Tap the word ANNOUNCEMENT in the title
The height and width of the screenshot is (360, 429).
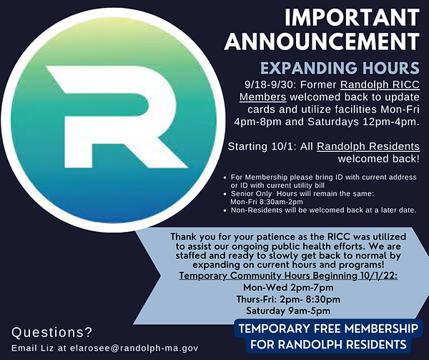[x=322, y=42]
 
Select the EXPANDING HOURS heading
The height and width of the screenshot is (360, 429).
[x=339, y=69]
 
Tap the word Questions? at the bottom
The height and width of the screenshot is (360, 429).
[x=52, y=331]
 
